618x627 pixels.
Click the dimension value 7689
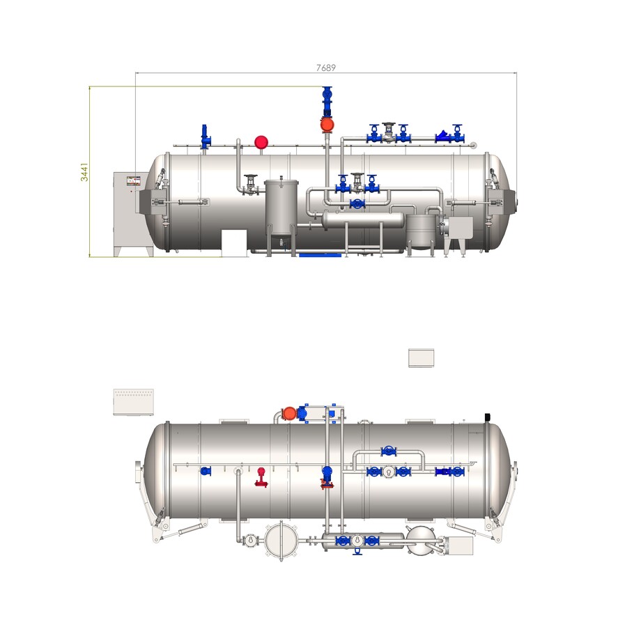(325, 68)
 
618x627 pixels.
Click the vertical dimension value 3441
(84, 172)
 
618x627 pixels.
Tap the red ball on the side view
(261, 142)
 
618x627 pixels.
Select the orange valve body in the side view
(327, 125)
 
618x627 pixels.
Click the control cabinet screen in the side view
(134, 180)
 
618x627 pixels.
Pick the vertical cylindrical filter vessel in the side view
(281, 208)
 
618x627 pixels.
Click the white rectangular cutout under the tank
(234, 242)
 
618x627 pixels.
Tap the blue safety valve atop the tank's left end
(206, 137)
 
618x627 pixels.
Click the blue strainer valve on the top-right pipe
(443, 137)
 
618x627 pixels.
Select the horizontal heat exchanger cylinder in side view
(363, 220)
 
